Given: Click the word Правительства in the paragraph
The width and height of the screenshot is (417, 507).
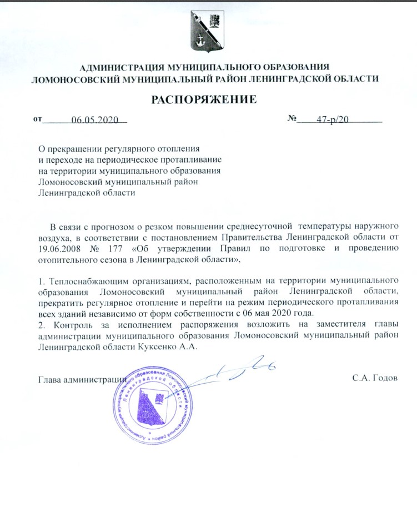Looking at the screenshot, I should click(285, 237).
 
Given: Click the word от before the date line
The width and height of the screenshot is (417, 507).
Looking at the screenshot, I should click(37, 119).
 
